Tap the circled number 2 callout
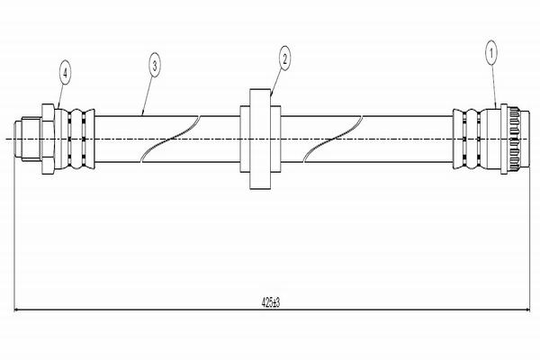284,59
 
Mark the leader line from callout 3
149,89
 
